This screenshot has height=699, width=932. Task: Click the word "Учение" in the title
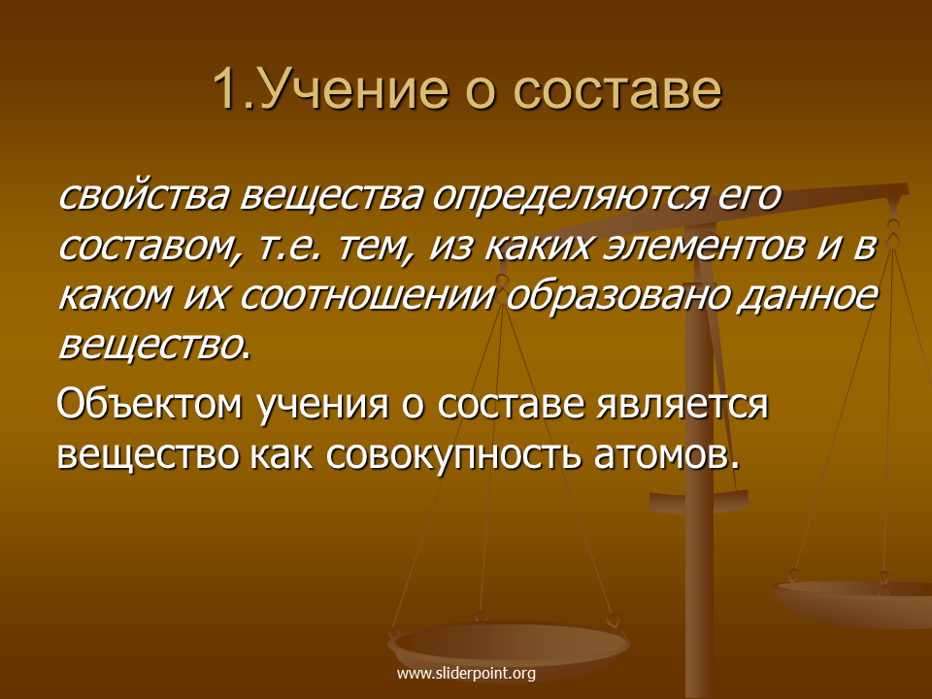pos(353,90)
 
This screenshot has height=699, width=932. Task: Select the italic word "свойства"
pos(143,195)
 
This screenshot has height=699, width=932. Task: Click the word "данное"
pos(808,296)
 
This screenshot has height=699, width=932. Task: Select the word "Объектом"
pos(150,403)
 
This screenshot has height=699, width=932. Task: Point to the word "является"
pos(682,404)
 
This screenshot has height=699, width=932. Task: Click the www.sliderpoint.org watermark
pos(466,674)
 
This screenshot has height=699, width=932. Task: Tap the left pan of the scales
pos(508,645)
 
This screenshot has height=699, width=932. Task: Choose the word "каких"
pos(537,246)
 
